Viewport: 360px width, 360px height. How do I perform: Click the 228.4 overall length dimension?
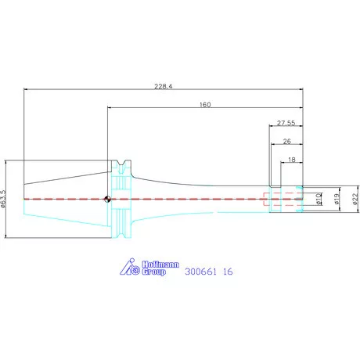164,86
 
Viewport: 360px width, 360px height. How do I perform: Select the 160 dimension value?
205,105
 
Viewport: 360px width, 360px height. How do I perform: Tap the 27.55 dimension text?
286,123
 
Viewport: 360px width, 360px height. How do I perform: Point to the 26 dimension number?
286,142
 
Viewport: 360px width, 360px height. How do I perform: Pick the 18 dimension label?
292,160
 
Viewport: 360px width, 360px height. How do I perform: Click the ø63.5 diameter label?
3,199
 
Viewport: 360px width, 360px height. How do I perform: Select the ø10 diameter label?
318,199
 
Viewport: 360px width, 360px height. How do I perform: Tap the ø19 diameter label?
337,199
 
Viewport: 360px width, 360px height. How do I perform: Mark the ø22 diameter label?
355,199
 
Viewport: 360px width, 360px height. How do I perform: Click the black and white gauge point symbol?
107,199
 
